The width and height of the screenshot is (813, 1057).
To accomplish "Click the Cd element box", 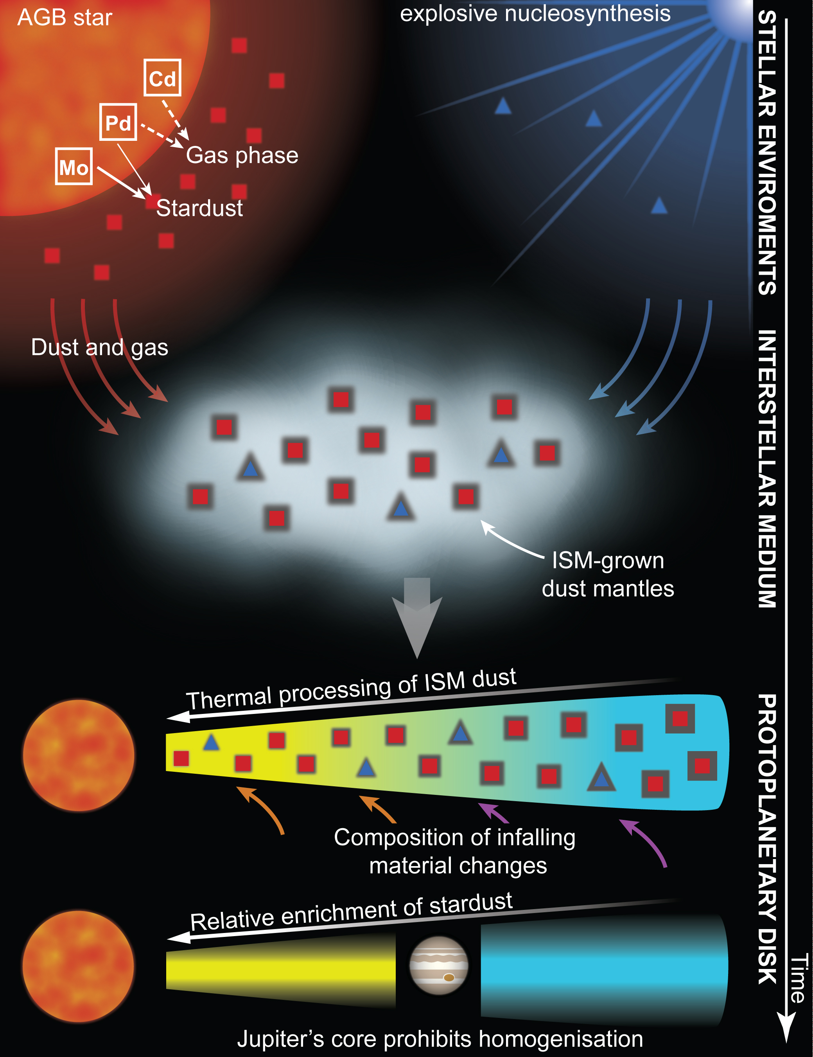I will click(162, 78).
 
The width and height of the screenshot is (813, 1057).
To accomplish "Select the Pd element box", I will click(118, 122).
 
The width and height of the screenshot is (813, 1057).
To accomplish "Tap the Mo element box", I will click(74, 167).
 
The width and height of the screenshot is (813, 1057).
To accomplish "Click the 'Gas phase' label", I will click(242, 155).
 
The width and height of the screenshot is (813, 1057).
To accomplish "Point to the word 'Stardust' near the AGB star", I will click(199, 208).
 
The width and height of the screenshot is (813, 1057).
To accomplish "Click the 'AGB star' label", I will click(65, 18).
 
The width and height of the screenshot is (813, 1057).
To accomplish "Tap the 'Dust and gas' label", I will click(100, 347).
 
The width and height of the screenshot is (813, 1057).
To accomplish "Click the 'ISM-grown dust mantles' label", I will click(608, 575).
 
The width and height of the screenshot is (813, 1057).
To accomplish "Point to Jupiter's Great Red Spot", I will click(449, 977).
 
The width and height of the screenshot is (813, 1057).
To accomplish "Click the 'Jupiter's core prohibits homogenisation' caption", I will click(440, 1039).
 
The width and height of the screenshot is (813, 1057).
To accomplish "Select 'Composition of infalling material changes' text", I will click(455, 851).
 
